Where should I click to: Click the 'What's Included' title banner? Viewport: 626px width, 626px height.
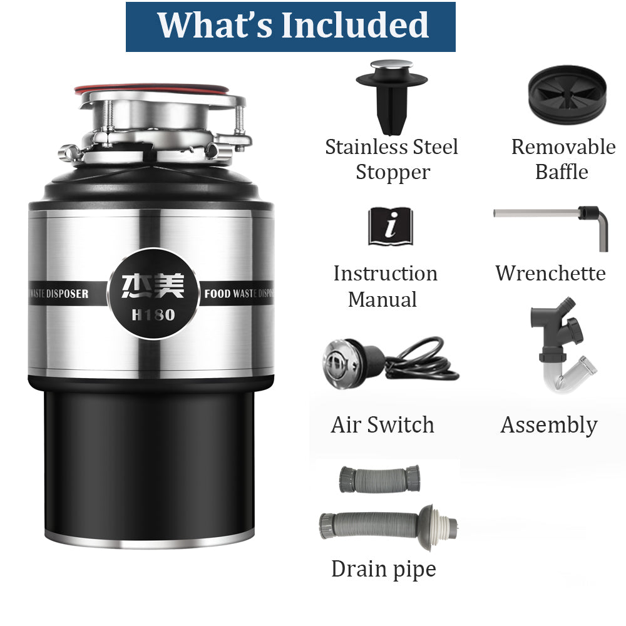pos(290,26)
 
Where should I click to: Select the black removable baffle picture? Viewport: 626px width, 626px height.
pos(567,94)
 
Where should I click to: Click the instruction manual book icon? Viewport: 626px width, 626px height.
pos(390,227)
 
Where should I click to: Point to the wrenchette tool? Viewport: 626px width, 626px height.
pos(551,219)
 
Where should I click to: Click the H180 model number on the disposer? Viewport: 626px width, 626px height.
pos(153,315)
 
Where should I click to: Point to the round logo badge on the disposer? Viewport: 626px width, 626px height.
pos(153,293)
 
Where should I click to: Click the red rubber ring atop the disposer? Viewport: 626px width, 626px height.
pos(150,88)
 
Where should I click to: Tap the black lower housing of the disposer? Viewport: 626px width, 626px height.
pos(150,463)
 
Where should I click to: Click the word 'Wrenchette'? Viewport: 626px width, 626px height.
pos(550,273)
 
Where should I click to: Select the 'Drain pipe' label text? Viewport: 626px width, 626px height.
pos(383,569)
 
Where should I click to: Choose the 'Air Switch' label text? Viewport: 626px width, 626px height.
pos(382,425)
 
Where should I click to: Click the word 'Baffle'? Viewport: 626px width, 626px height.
pos(562,172)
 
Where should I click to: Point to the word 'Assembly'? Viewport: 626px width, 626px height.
pos(549,426)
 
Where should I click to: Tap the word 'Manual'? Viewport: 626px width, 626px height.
pos(382,299)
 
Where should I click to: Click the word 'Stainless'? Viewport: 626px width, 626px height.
pos(366,147)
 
